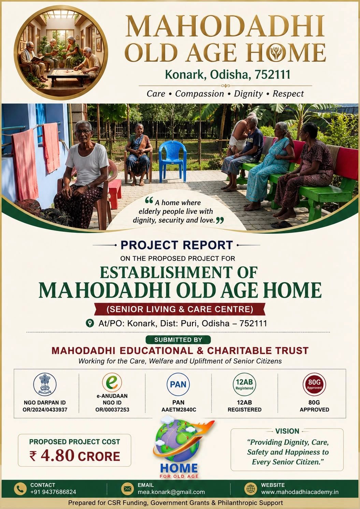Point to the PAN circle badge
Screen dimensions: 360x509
point(178,384)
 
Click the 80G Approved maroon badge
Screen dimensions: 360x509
point(314,384)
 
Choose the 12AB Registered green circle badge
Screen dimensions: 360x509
point(244,384)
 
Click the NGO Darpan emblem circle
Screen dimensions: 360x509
point(45,384)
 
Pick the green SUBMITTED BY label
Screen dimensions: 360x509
point(178,340)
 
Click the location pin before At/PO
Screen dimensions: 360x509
point(90,323)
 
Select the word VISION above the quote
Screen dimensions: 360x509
point(287,431)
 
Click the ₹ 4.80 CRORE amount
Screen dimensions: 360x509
point(74,455)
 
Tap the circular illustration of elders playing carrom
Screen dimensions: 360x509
point(61,53)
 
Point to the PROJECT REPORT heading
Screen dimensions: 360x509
point(177,245)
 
